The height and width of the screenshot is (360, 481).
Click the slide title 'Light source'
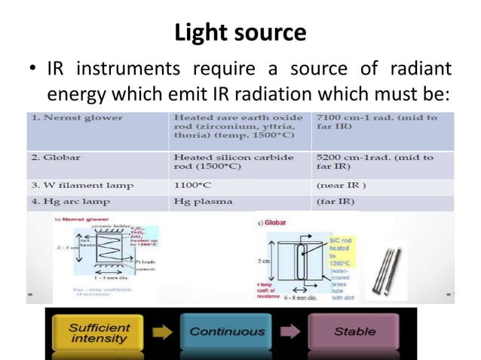tap(240, 33)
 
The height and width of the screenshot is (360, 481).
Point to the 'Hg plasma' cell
tap(198, 201)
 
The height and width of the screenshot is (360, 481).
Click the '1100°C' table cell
tap(192, 185)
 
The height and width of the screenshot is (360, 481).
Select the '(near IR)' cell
tap(339, 185)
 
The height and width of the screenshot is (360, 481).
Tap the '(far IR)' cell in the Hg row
tap(335, 201)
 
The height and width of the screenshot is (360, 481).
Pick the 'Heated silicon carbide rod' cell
tap(226, 162)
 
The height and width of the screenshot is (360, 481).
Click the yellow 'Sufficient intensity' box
tap(100, 332)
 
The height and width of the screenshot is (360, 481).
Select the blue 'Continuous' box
tap(226, 332)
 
